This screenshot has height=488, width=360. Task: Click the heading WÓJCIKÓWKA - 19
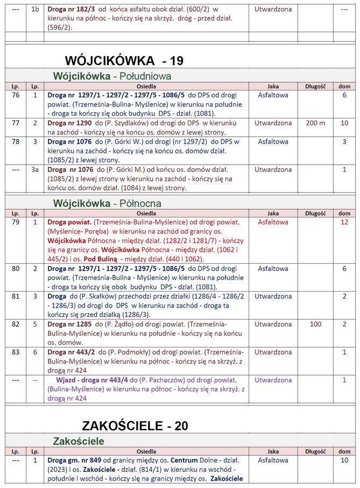click(x=124, y=60)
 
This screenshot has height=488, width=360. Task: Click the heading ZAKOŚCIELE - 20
click(x=135, y=426)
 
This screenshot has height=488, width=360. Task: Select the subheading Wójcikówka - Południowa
click(x=112, y=76)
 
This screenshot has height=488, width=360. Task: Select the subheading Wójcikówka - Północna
click(x=107, y=203)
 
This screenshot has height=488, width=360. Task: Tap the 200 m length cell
click(x=315, y=123)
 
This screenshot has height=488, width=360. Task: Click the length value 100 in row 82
click(x=315, y=324)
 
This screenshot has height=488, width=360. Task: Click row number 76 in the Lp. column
click(x=16, y=95)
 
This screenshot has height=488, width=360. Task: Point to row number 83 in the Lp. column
click(x=16, y=352)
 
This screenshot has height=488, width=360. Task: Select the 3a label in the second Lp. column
click(x=35, y=169)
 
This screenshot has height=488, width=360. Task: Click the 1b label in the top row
click(x=35, y=10)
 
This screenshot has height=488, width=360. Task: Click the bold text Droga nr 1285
click(x=69, y=324)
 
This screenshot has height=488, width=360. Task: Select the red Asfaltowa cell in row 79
click(x=273, y=222)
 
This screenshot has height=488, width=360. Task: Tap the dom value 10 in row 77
click(x=344, y=123)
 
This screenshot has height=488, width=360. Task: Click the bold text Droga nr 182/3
click(x=71, y=10)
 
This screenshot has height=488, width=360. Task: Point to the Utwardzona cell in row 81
click(x=273, y=296)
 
